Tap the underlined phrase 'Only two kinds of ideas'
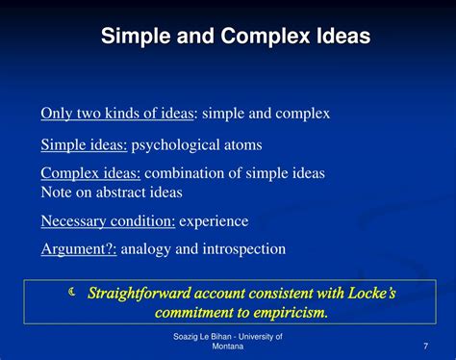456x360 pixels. tap(116, 114)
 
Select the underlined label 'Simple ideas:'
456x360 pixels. tap(84, 145)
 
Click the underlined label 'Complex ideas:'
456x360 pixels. tap(90, 173)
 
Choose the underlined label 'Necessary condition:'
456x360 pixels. tap(108, 221)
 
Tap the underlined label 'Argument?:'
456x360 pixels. tap(77, 248)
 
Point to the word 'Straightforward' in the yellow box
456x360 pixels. tap(144, 293)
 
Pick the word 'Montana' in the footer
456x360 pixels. tap(228, 349)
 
